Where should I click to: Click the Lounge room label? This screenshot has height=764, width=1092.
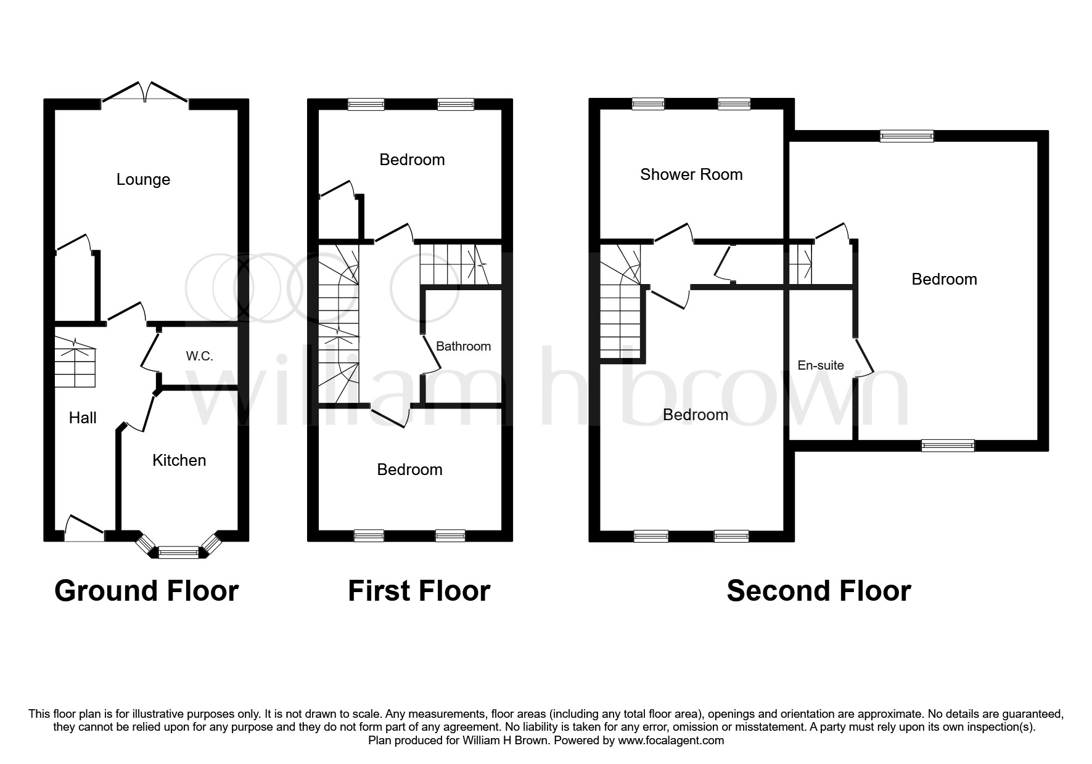[x=143, y=180]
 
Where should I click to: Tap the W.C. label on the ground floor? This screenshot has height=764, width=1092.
[x=199, y=356]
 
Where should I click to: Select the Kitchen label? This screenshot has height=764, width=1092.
[x=179, y=460]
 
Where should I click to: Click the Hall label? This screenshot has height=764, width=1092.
[x=83, y=418]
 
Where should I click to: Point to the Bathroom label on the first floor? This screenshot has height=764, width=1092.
[x=463, y=346]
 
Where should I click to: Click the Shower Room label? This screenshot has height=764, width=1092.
[x=691, y=174]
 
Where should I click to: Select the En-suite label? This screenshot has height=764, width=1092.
[x=820, y=365]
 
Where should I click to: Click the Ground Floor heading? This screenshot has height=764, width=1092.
[x=146, y=591]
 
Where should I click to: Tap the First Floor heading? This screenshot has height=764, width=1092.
[x=419, y=591]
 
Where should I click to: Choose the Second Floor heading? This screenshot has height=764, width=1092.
[x=818, y=591]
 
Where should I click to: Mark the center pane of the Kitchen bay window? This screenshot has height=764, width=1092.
[x=179, y=551]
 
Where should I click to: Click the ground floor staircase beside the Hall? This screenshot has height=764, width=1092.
[x=75, y=367]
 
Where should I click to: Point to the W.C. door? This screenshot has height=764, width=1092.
[x=148, y=350]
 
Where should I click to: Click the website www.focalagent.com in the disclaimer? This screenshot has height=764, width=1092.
[x=671, y=741]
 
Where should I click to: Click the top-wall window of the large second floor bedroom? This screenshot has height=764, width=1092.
[x=906, y=136]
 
